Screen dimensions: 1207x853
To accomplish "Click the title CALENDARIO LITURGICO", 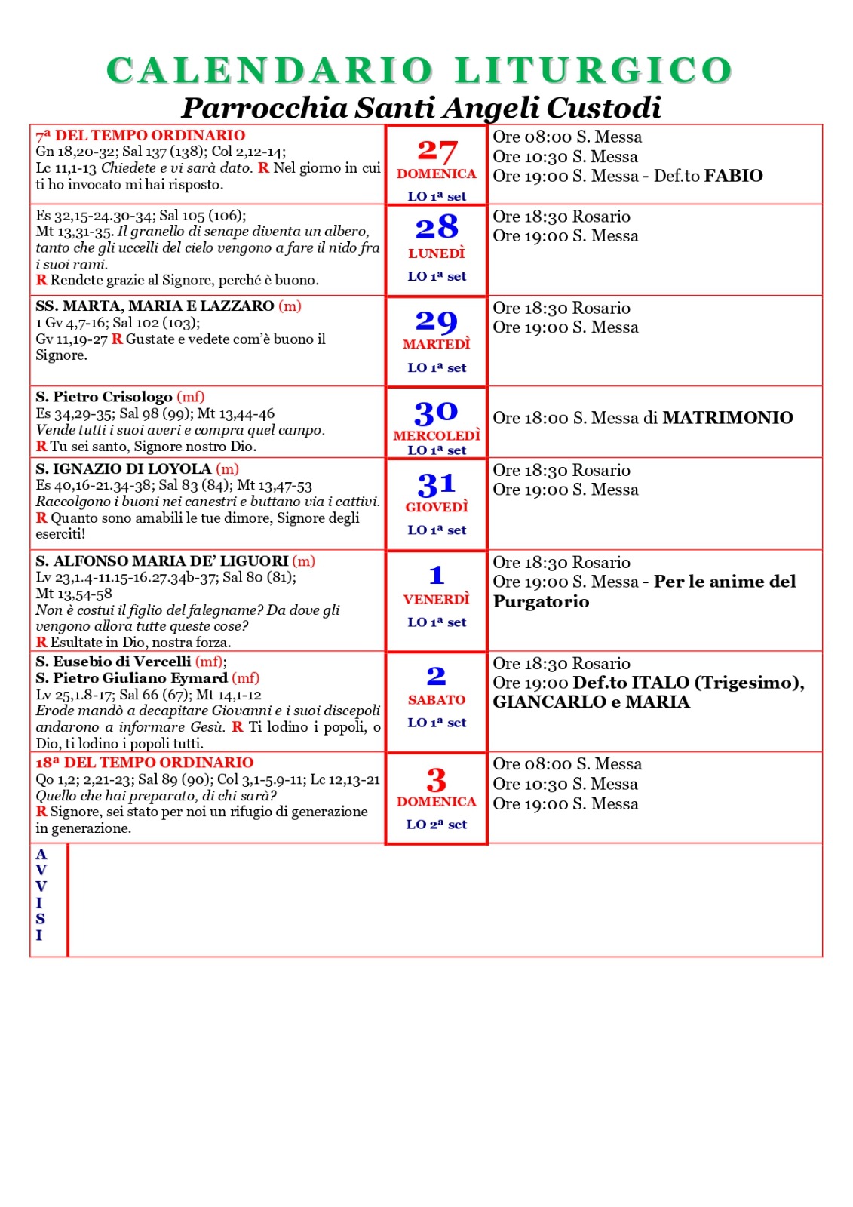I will click(419, 71).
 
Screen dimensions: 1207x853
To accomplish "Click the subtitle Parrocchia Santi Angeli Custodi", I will click(421, 108).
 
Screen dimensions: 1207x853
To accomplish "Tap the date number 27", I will click(437, 151).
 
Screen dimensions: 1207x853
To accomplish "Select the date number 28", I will click(437, 227).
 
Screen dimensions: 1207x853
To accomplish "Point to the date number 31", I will click(437, 484).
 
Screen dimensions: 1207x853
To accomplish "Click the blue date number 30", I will click(436, 412).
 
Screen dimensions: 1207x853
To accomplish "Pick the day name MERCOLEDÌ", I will click(437, 435).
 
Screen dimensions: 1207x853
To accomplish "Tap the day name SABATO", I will click(437, 700).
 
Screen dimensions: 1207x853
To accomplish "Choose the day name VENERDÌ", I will click(437, 600).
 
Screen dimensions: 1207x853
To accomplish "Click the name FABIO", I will click(734, 176).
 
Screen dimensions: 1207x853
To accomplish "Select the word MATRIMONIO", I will click(728, 418).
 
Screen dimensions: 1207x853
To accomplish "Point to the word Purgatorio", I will click(541, 601).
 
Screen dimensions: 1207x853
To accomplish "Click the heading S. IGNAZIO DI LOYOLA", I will click(124, 469).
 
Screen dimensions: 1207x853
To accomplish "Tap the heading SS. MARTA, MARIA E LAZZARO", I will click(155, 306).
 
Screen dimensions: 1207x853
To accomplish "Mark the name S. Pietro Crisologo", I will click(104, 397).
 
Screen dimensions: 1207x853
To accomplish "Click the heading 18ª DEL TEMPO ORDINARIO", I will click(145, 763).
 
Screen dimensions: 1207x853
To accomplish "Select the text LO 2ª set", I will click(437, 825).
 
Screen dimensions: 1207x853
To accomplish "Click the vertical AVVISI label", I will click(41, 895).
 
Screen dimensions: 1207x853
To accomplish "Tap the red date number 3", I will click(437, 780).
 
